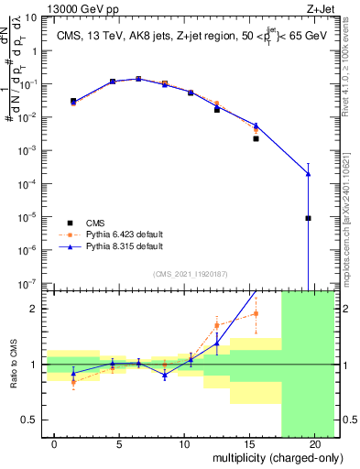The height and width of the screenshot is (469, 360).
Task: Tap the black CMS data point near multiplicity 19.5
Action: (x=309, y=218)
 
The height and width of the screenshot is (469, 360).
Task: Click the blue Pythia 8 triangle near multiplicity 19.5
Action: (x=309, y=174)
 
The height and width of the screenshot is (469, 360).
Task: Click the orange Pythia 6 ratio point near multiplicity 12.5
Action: (x=217, y=325)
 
